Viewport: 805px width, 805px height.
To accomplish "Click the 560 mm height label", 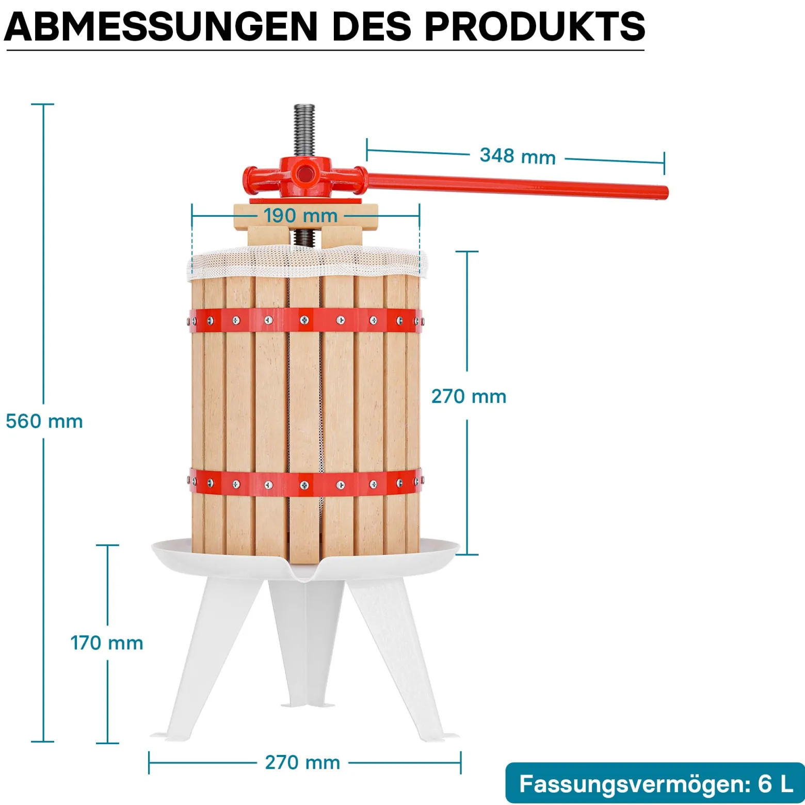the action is [44, 422].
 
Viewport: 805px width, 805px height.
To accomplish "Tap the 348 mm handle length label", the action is [518, 156].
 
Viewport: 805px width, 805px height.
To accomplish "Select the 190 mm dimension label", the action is [300, 216].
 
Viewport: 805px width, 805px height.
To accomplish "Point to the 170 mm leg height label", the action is [107, 643].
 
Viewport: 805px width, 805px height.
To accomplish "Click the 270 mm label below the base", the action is [302, 762].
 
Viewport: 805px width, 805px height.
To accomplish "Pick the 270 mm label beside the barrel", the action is [469, 396].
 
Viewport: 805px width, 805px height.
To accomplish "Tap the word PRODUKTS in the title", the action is [535, 26].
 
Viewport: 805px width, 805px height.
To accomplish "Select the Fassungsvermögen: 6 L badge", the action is [655, 783].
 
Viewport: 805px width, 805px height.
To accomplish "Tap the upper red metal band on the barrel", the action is [305, 320].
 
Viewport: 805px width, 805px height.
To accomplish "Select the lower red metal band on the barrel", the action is [305, 484].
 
